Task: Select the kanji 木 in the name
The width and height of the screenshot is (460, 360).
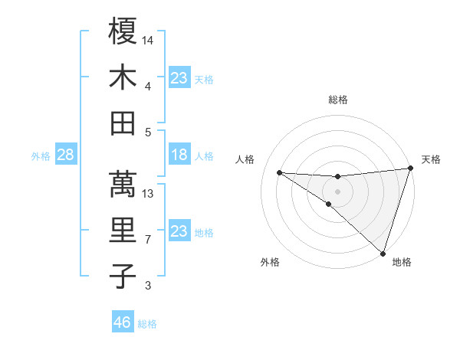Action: point(123,77)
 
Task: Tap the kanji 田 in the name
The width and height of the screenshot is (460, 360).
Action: point(123,123)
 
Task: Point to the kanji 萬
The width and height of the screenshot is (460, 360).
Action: point(123,183)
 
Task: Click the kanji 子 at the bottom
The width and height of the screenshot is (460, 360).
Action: point(123,277)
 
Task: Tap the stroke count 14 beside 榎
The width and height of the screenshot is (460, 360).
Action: point(148,38)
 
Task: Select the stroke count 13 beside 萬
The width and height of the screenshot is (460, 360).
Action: point(148,193)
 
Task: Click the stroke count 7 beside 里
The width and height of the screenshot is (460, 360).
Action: point(148,240)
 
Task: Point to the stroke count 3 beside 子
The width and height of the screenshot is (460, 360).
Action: point(148,286)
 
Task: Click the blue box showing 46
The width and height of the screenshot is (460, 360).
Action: point(123,322)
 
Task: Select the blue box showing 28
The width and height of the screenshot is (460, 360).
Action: point(65,155)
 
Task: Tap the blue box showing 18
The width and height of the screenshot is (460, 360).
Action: point(179,155)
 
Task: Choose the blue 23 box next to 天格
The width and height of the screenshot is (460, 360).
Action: point(179,78)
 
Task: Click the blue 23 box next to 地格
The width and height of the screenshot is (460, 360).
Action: point(179,232)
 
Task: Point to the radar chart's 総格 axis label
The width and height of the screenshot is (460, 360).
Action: point(337,100)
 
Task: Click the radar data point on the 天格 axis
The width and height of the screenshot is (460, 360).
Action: point(411,169)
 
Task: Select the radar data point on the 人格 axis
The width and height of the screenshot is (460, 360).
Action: point(279,172)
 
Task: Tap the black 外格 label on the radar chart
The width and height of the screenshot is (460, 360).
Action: point(269,262)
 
